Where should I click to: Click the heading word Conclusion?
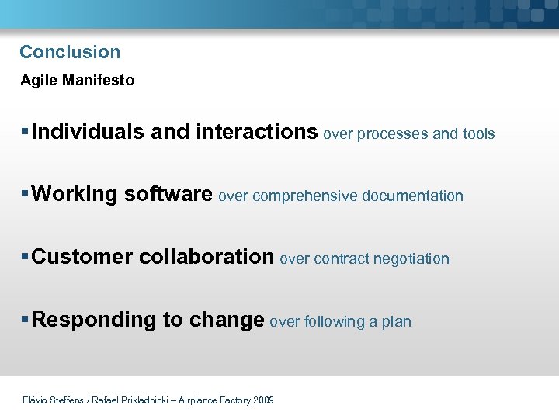coord(70,52)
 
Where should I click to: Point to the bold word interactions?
coord(257,132)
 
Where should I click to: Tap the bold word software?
coord(168,194)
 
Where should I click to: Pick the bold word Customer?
coord(82,257)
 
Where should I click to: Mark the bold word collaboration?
coord(207,257)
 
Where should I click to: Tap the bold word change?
coord(227,320)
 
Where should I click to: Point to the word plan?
coord(396,322)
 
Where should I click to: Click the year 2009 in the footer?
coord(263,400)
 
